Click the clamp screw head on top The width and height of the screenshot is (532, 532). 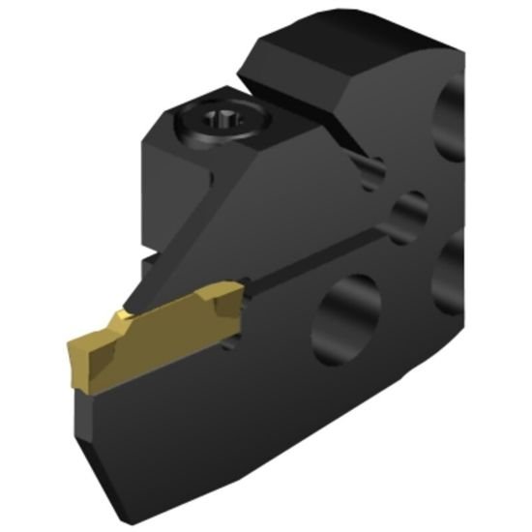click(x=220, y=127)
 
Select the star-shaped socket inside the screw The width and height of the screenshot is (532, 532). click(x=221, y=125)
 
